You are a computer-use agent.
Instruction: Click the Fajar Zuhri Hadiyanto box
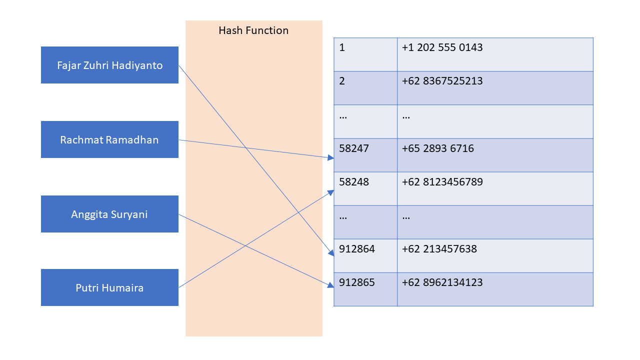(x=109, y=65)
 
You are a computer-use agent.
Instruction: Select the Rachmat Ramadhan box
(x=109, y=139)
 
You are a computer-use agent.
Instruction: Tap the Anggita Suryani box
(x=109, y=214)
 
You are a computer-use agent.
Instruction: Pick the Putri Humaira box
(x=109, y=287)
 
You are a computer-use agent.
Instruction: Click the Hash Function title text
(x=253, y=30)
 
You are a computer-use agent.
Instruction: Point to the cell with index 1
(x=365, y=54)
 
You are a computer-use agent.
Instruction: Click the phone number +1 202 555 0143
(x=442, y=47)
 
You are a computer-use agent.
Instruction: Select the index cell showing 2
(x=365, y=87)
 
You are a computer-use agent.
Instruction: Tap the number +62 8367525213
(x=442, y=81)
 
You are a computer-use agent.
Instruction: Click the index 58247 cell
(x=365, y=154)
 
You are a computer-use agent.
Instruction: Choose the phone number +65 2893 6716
(x=437, y=148)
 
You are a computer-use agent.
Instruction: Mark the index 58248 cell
(x=365, y=188)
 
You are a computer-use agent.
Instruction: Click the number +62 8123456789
(x=442, y=182)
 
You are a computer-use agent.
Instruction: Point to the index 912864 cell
(x=365, y=255)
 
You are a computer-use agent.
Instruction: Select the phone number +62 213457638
(x=439, y=249)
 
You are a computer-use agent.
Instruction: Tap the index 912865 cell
(x=365, y=288)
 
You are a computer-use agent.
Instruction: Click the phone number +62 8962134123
(x=442, y=282)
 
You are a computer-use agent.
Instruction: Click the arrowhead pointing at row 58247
(x=330, y=158)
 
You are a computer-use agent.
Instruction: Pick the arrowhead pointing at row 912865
(x=330, y=285)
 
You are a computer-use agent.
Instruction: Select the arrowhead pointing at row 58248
(x=330, y=191)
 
